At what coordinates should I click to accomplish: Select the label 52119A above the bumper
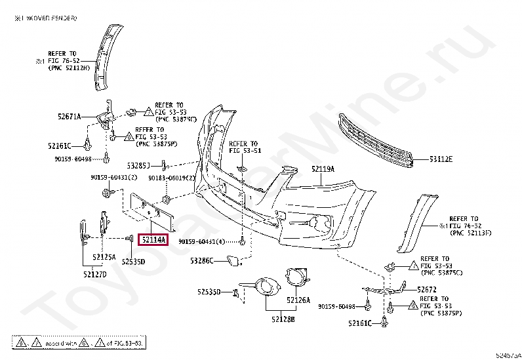coord(323,169)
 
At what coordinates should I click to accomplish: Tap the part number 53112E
coord(441,159)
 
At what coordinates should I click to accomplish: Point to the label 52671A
coord(69,116)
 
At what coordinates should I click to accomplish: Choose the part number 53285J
coord(139,165)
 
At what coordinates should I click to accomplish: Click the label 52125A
coord(104,256)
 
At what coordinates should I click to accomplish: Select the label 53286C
coord(201,261)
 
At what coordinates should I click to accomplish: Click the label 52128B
coord(283,319)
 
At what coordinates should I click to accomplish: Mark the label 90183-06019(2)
coord(172,178)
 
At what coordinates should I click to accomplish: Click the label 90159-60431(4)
coord(201,241)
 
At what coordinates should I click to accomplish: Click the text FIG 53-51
coord(245,151)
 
